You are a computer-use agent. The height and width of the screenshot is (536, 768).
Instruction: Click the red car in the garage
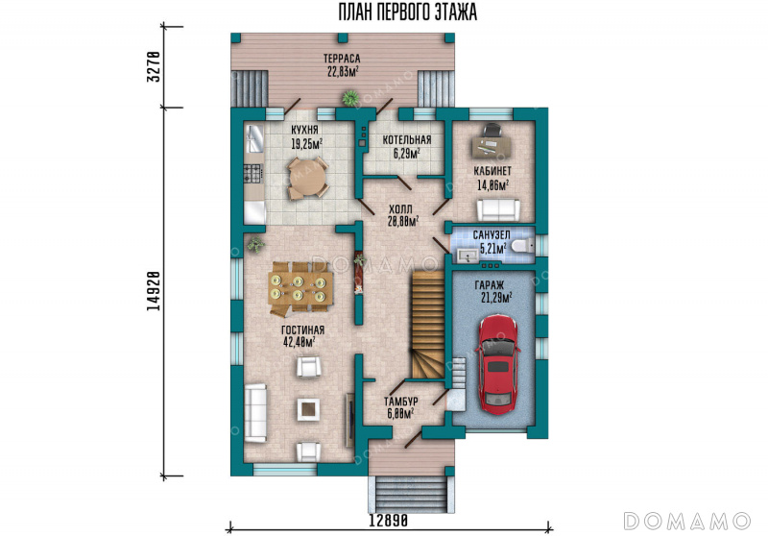point(497,365)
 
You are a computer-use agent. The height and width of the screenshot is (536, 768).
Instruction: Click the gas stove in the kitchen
point(253,173)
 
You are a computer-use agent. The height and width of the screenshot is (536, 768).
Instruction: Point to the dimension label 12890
point(389,521)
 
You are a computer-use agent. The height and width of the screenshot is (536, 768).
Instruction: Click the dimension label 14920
point(154,290)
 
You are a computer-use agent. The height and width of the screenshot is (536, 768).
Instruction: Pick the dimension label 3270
point(154,66)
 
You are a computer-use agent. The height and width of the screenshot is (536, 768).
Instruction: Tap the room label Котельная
point(407,139)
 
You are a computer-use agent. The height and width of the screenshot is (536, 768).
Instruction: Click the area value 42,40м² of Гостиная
point(299,342)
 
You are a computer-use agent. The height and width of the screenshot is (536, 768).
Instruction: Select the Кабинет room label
point(492,171)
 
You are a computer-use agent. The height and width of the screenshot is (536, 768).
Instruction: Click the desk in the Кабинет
point(492,145)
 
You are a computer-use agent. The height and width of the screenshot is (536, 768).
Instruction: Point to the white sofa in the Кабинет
point(498,209)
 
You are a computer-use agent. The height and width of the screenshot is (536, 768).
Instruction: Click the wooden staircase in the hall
point(427,325)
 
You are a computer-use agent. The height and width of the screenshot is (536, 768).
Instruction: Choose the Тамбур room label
point(401,402)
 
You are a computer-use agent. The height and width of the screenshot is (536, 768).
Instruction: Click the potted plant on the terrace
point(350,98)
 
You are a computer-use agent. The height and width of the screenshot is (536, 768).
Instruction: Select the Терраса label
point(342,59)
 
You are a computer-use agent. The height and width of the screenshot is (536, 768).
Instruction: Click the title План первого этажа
point(407,12)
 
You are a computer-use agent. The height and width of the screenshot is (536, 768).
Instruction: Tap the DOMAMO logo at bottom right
point(686,522)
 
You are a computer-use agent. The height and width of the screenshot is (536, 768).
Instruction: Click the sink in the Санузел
point(468,256)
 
